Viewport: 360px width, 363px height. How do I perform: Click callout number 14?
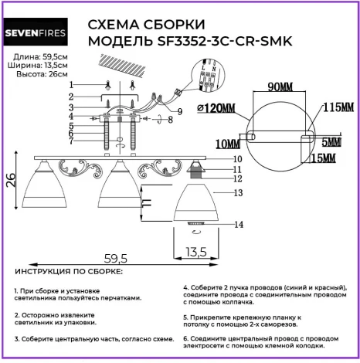pos(239,224)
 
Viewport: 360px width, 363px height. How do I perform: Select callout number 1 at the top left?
pos(70,83)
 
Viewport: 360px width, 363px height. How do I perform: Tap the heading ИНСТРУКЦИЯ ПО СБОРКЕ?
pos(67,272)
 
